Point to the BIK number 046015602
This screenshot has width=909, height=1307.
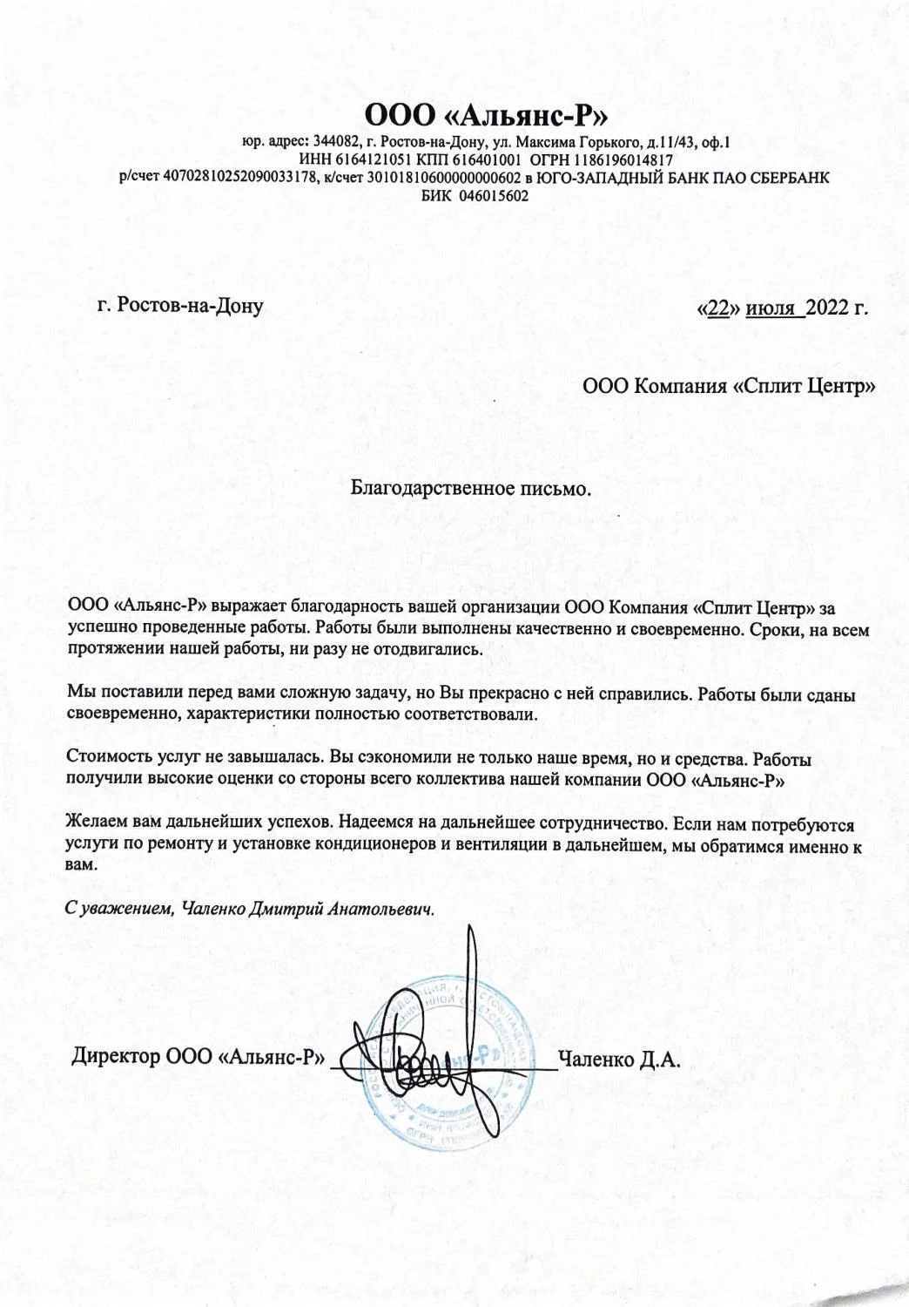488,196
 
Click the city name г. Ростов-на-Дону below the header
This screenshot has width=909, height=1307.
180,306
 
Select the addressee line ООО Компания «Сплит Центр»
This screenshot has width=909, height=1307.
728,385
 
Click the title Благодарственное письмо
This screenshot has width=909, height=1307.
470,489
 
